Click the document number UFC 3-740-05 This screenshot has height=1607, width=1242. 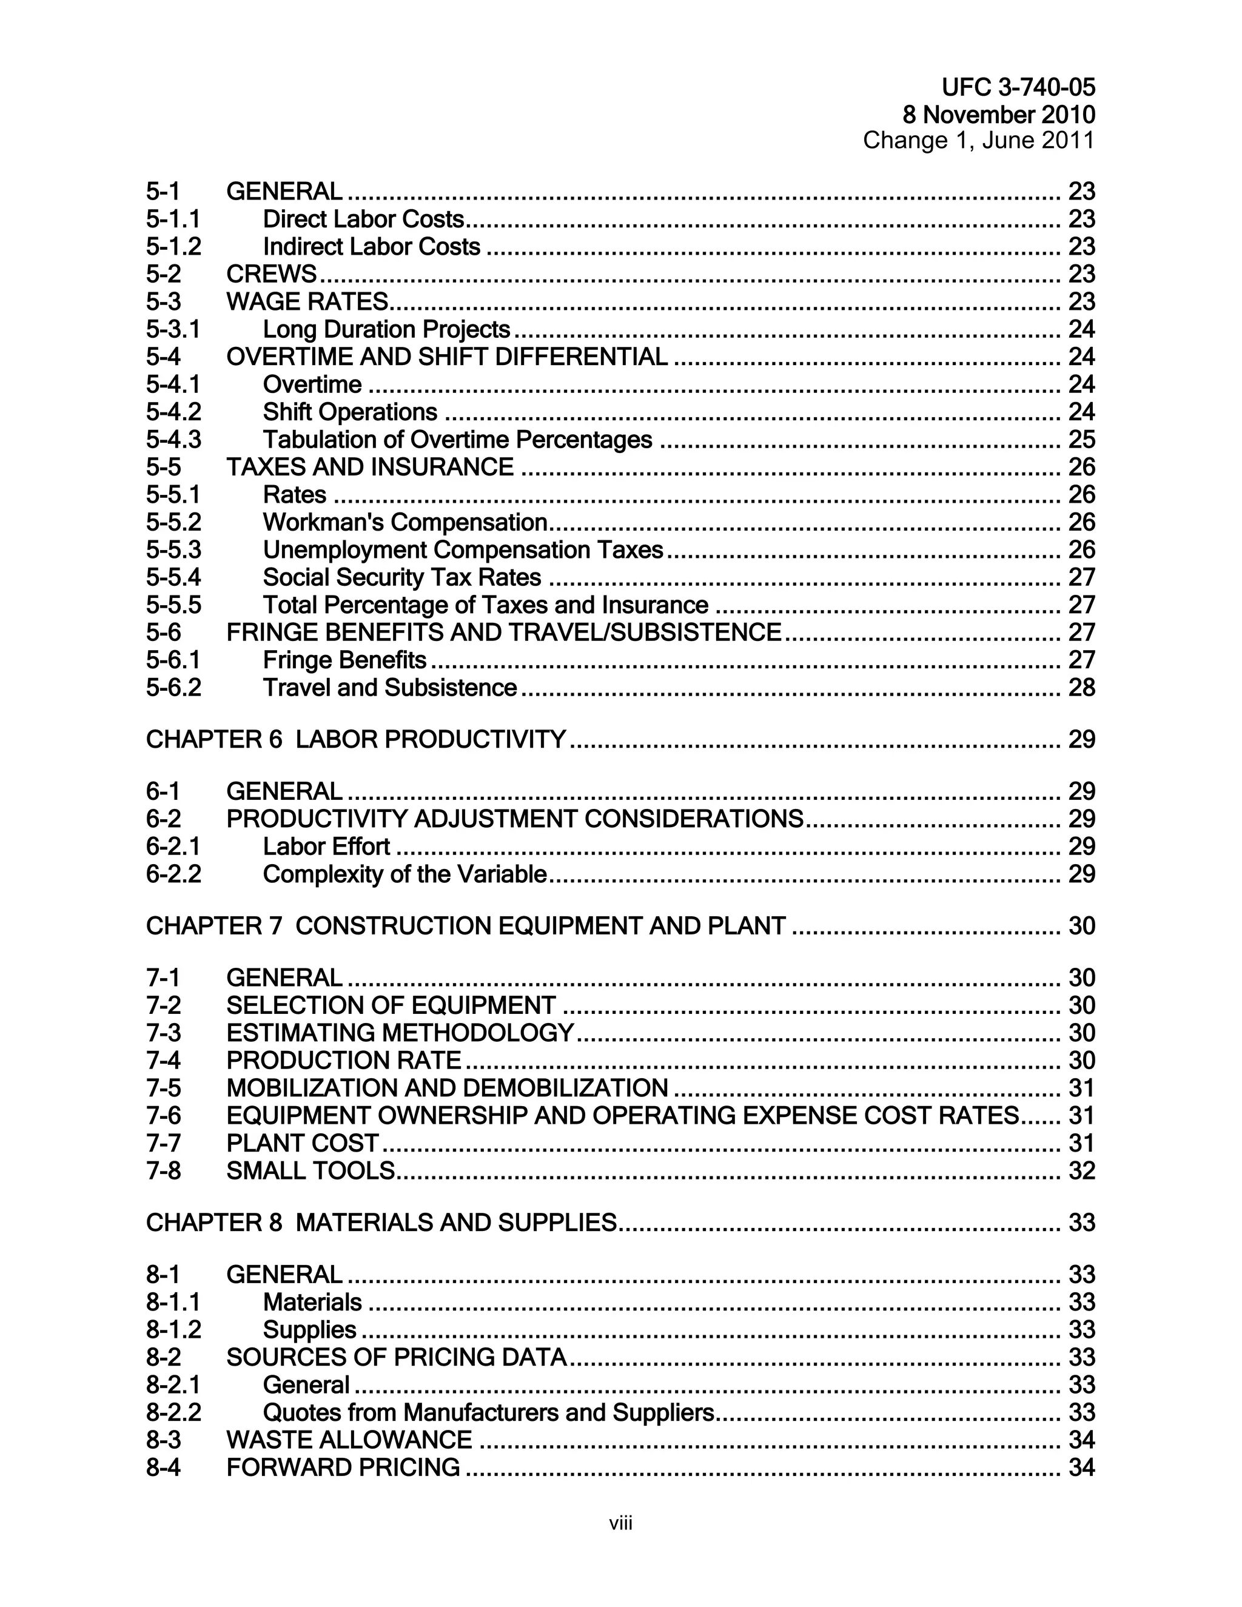tap(1018, 87)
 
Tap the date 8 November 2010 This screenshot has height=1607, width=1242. tap(998, 115)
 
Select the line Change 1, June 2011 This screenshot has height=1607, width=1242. tap(979, 140)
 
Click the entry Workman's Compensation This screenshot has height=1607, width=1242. tap(404, 522)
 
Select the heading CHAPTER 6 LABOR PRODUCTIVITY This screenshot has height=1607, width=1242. tap(355, 739)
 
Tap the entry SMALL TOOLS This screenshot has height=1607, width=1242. tap(310, 1170)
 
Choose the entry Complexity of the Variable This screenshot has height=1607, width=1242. tap(404, 874)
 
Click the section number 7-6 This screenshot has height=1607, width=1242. tap(163, 1115)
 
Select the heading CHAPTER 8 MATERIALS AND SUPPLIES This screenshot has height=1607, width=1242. tap(380, 1222)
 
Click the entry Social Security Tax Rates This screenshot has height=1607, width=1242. tap(401, 577)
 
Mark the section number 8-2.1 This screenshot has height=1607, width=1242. tap(173, 1385)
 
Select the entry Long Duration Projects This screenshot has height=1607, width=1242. tap(386, 329)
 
